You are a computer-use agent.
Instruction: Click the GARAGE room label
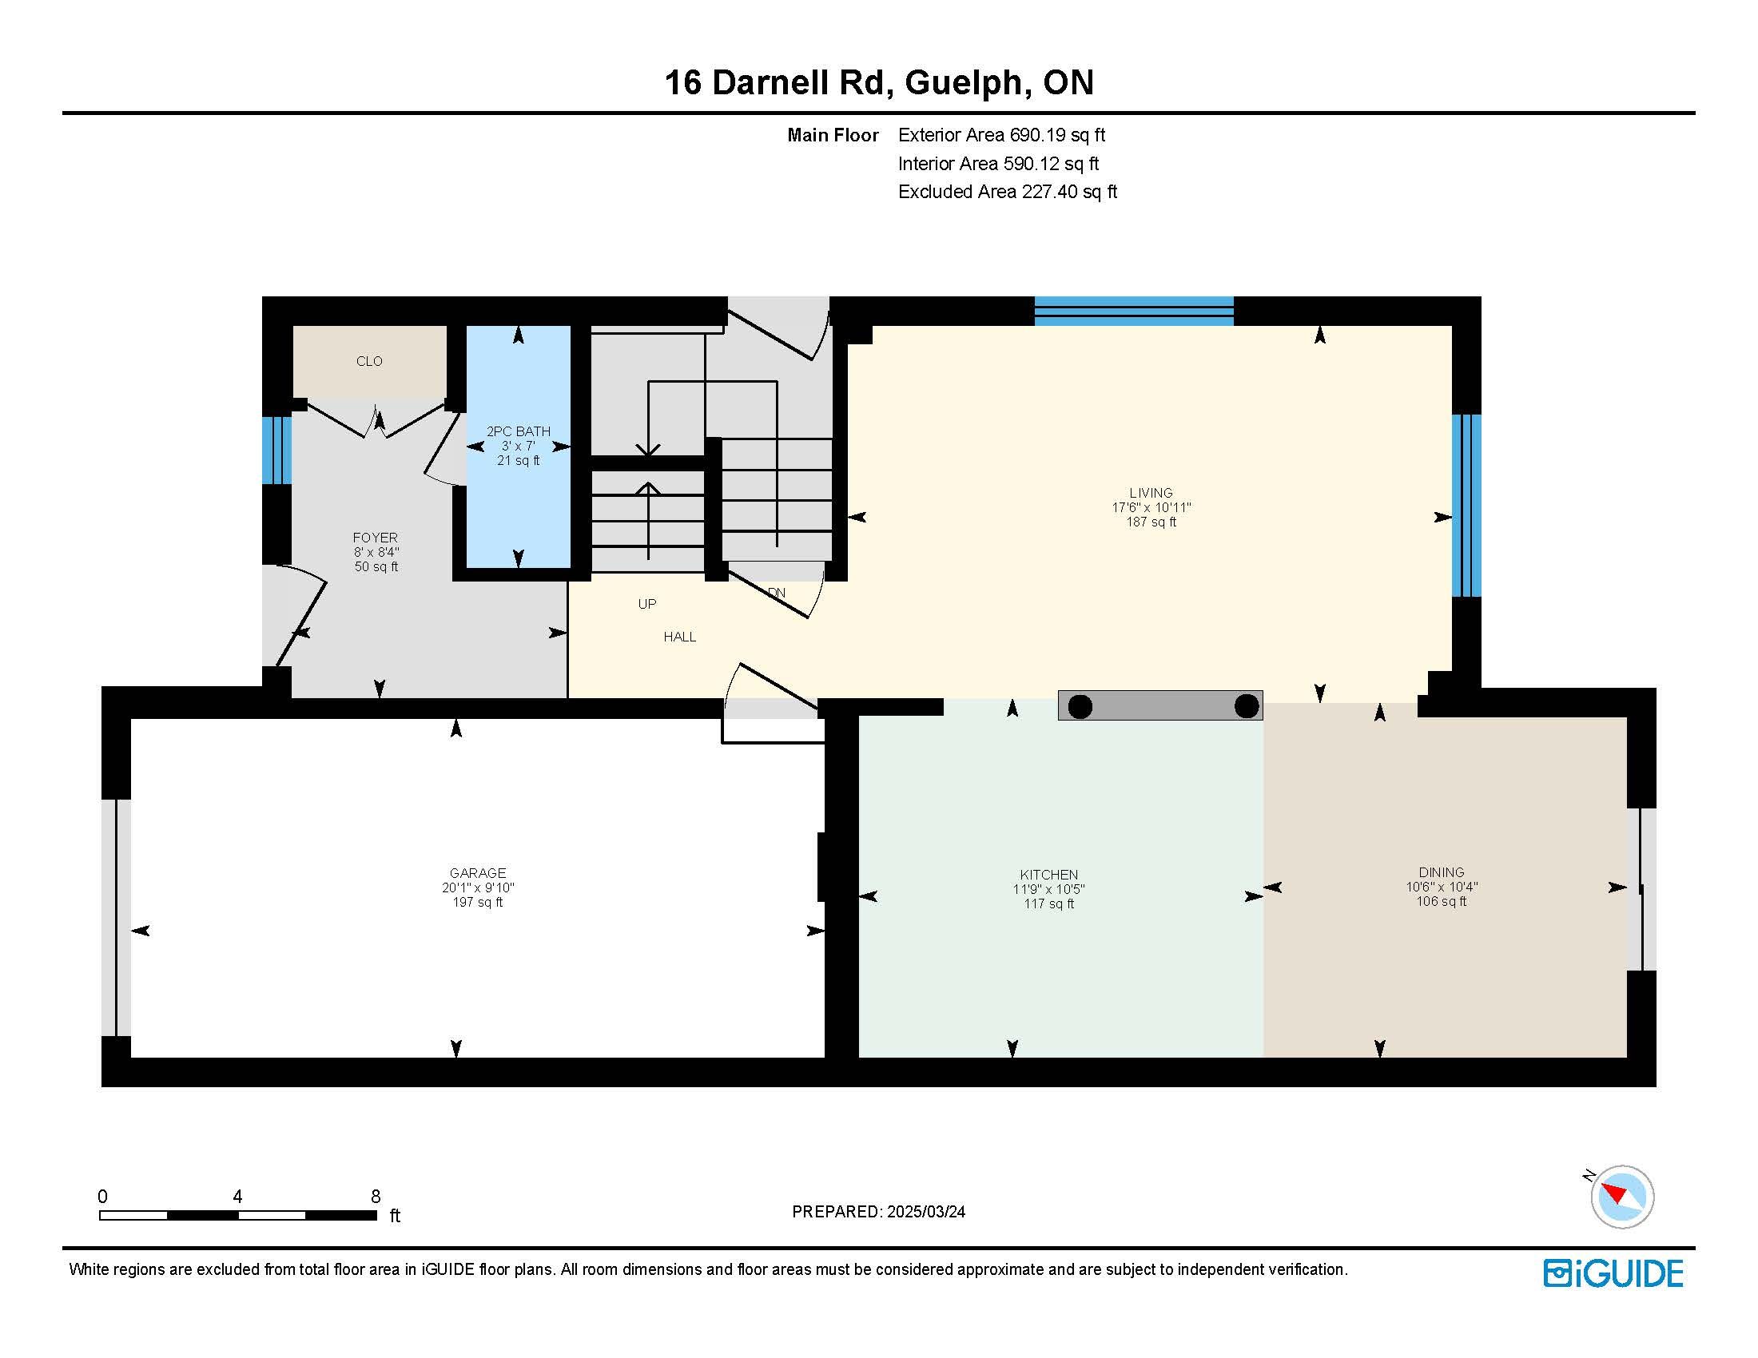pos(477,873)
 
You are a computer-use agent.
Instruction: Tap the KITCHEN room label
pos(1048,875)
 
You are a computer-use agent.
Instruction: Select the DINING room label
pos(1441,872)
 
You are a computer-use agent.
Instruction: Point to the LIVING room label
pos(1150,492)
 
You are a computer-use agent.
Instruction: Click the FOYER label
pos(375,538)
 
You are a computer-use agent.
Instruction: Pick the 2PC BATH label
pos(519,431)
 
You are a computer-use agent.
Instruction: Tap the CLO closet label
pos(369,361)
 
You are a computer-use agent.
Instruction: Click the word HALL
pos(679,637)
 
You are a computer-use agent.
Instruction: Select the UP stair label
pos(647,603)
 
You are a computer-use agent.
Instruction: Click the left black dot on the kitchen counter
pos(1080,706)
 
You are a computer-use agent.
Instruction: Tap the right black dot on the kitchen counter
pos(1246,705)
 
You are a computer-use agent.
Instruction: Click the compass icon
pos(1621,1197)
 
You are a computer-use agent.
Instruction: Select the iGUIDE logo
pos(1613,1273)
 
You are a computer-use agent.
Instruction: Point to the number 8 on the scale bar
pos(375,1197)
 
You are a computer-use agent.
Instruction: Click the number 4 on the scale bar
pos(237,1197)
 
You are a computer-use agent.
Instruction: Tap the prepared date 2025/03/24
pos(925,1212)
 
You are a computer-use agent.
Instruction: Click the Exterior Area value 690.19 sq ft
pos(1058,135)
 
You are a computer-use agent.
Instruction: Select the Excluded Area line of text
pos(1008,192)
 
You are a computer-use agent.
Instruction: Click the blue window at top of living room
pos(1133,311)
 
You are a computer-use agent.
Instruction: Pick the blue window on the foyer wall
pos(277,450)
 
